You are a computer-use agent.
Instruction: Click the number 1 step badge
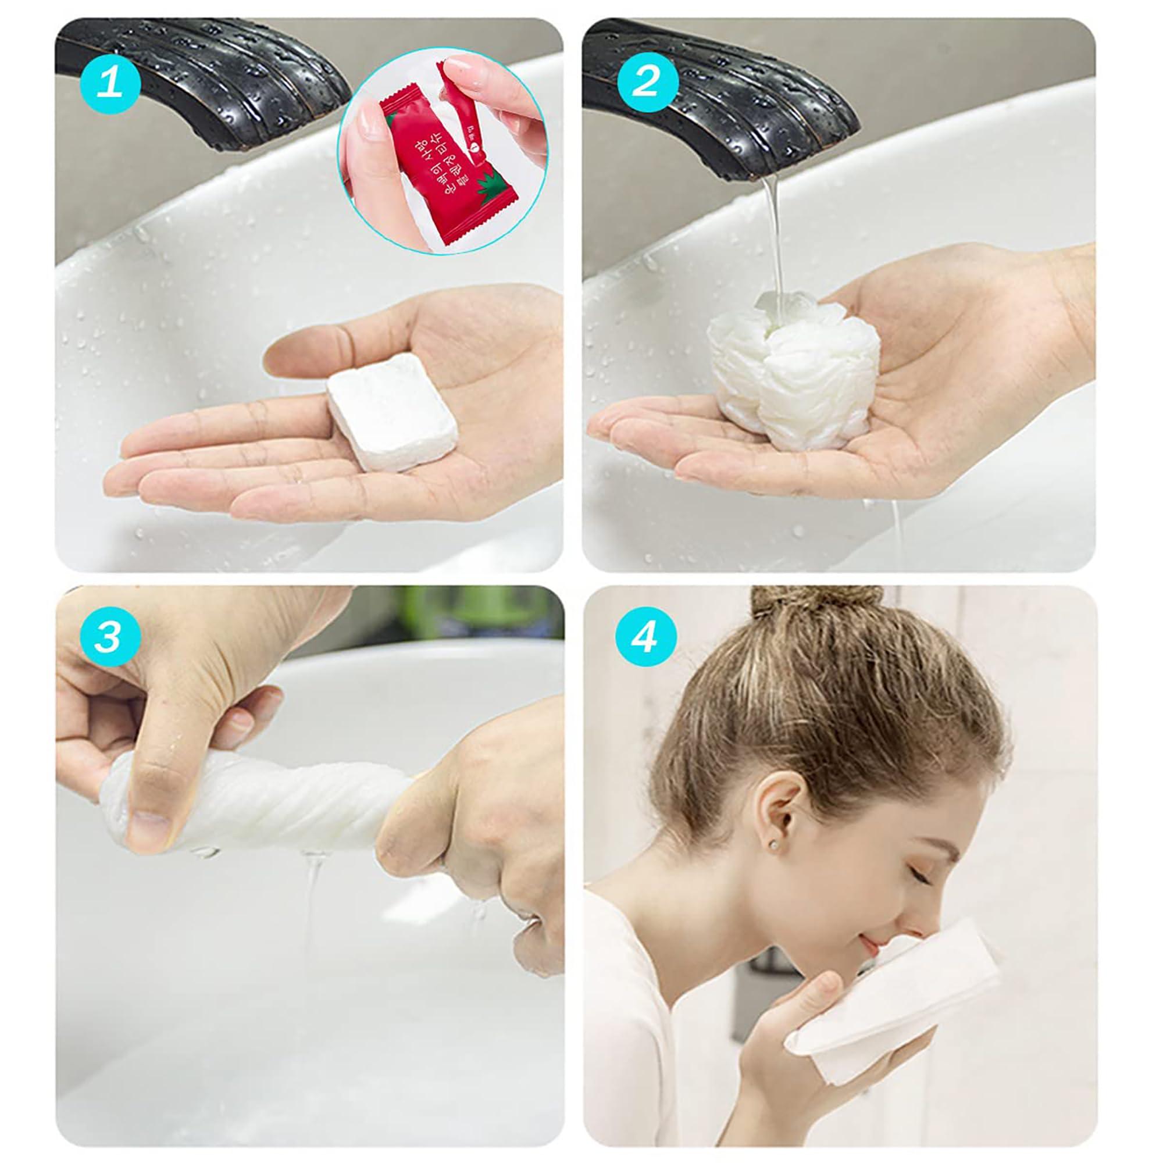point(109,84)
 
